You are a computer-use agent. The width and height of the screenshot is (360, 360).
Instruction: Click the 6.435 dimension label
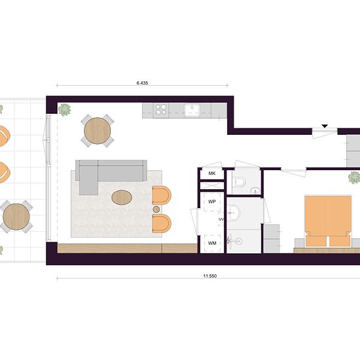pyautogui.click(x=142, y=83)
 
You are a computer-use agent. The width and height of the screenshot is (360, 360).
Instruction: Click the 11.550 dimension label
pyautogui.click(x=210, y=276)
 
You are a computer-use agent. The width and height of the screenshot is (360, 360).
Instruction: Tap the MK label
pyautogui.click(x=212, y=173)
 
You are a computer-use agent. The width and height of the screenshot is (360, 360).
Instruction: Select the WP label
pyautogui.click(x=211, y=202)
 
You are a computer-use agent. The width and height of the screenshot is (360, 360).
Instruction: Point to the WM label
pyautogui.click(x=212, y=243)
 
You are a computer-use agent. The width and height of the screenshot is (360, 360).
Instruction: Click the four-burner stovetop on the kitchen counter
pyautogui.click(x=161, y=109)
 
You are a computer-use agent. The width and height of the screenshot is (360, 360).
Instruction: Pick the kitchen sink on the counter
pyautogui.click(x=192, y=109)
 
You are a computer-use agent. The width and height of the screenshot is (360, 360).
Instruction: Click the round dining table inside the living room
pyautogui.click(x=98, y=131)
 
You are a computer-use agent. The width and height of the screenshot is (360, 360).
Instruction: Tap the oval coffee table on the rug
pyautogui.click(x=122, y=197)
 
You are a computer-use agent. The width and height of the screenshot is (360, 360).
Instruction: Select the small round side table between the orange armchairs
pyautogui.click(x=156, y=209)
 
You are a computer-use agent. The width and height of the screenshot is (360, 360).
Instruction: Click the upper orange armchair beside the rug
pyautogui.click(x=162, y=195)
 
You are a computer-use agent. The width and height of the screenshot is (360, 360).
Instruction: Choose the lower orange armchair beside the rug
pyautogui.click(x=162, y=223)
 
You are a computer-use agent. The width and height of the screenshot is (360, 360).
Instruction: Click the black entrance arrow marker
pyautogui.click(x=325, y=126)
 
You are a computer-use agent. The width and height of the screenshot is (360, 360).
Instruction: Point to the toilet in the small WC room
pyautogui.click(x=239, y=182)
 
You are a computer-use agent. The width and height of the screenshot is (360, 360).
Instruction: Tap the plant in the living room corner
pyautogui.click(x=65, y=110)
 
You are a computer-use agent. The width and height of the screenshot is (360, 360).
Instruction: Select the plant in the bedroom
pyautogui.click(x=354, y=177)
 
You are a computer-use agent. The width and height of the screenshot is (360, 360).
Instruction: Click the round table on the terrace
pyautogui.click(x=16, y=217)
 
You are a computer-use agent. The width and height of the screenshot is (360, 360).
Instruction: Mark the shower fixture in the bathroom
pyautogui.click(x=234, y=241)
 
